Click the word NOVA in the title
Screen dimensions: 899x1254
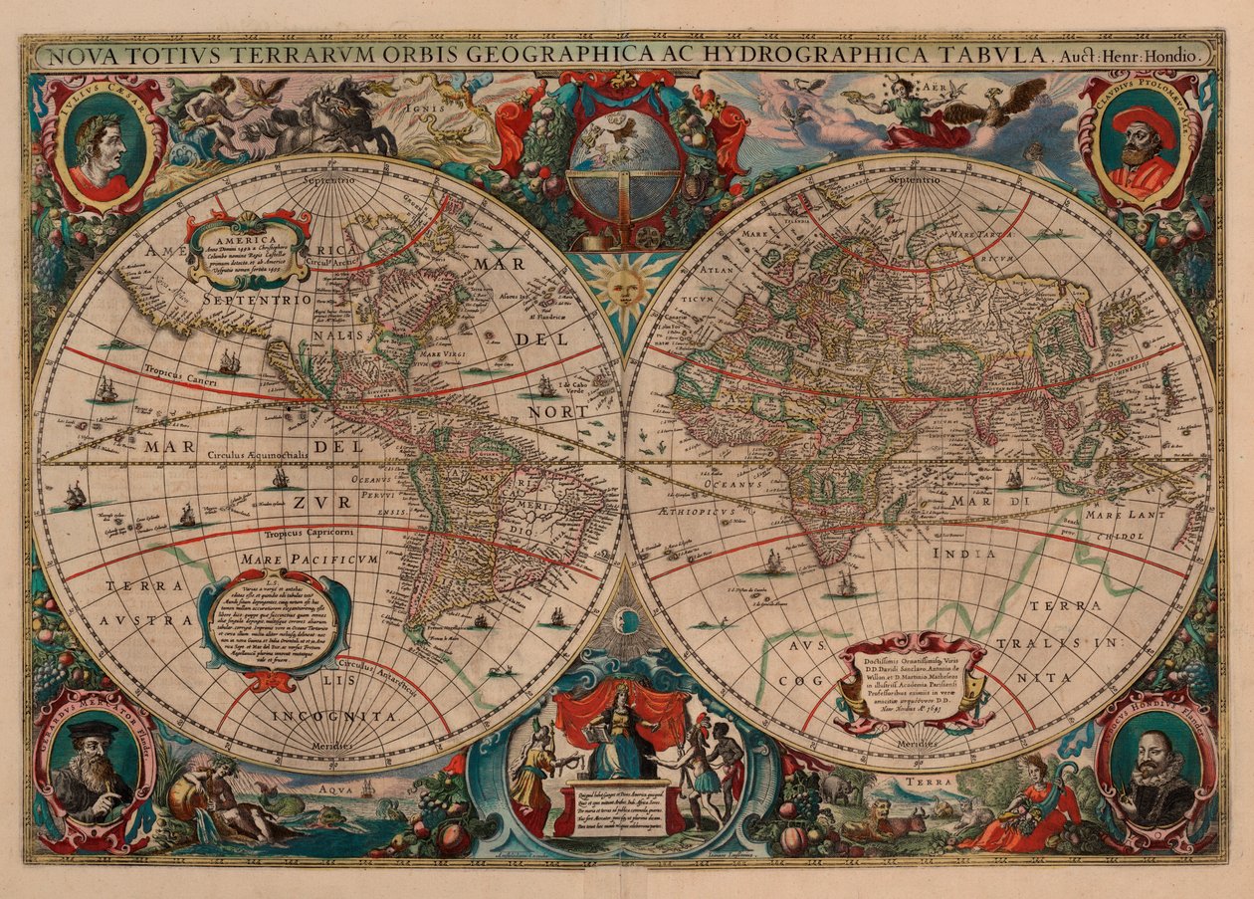click(x=82, y=57)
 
